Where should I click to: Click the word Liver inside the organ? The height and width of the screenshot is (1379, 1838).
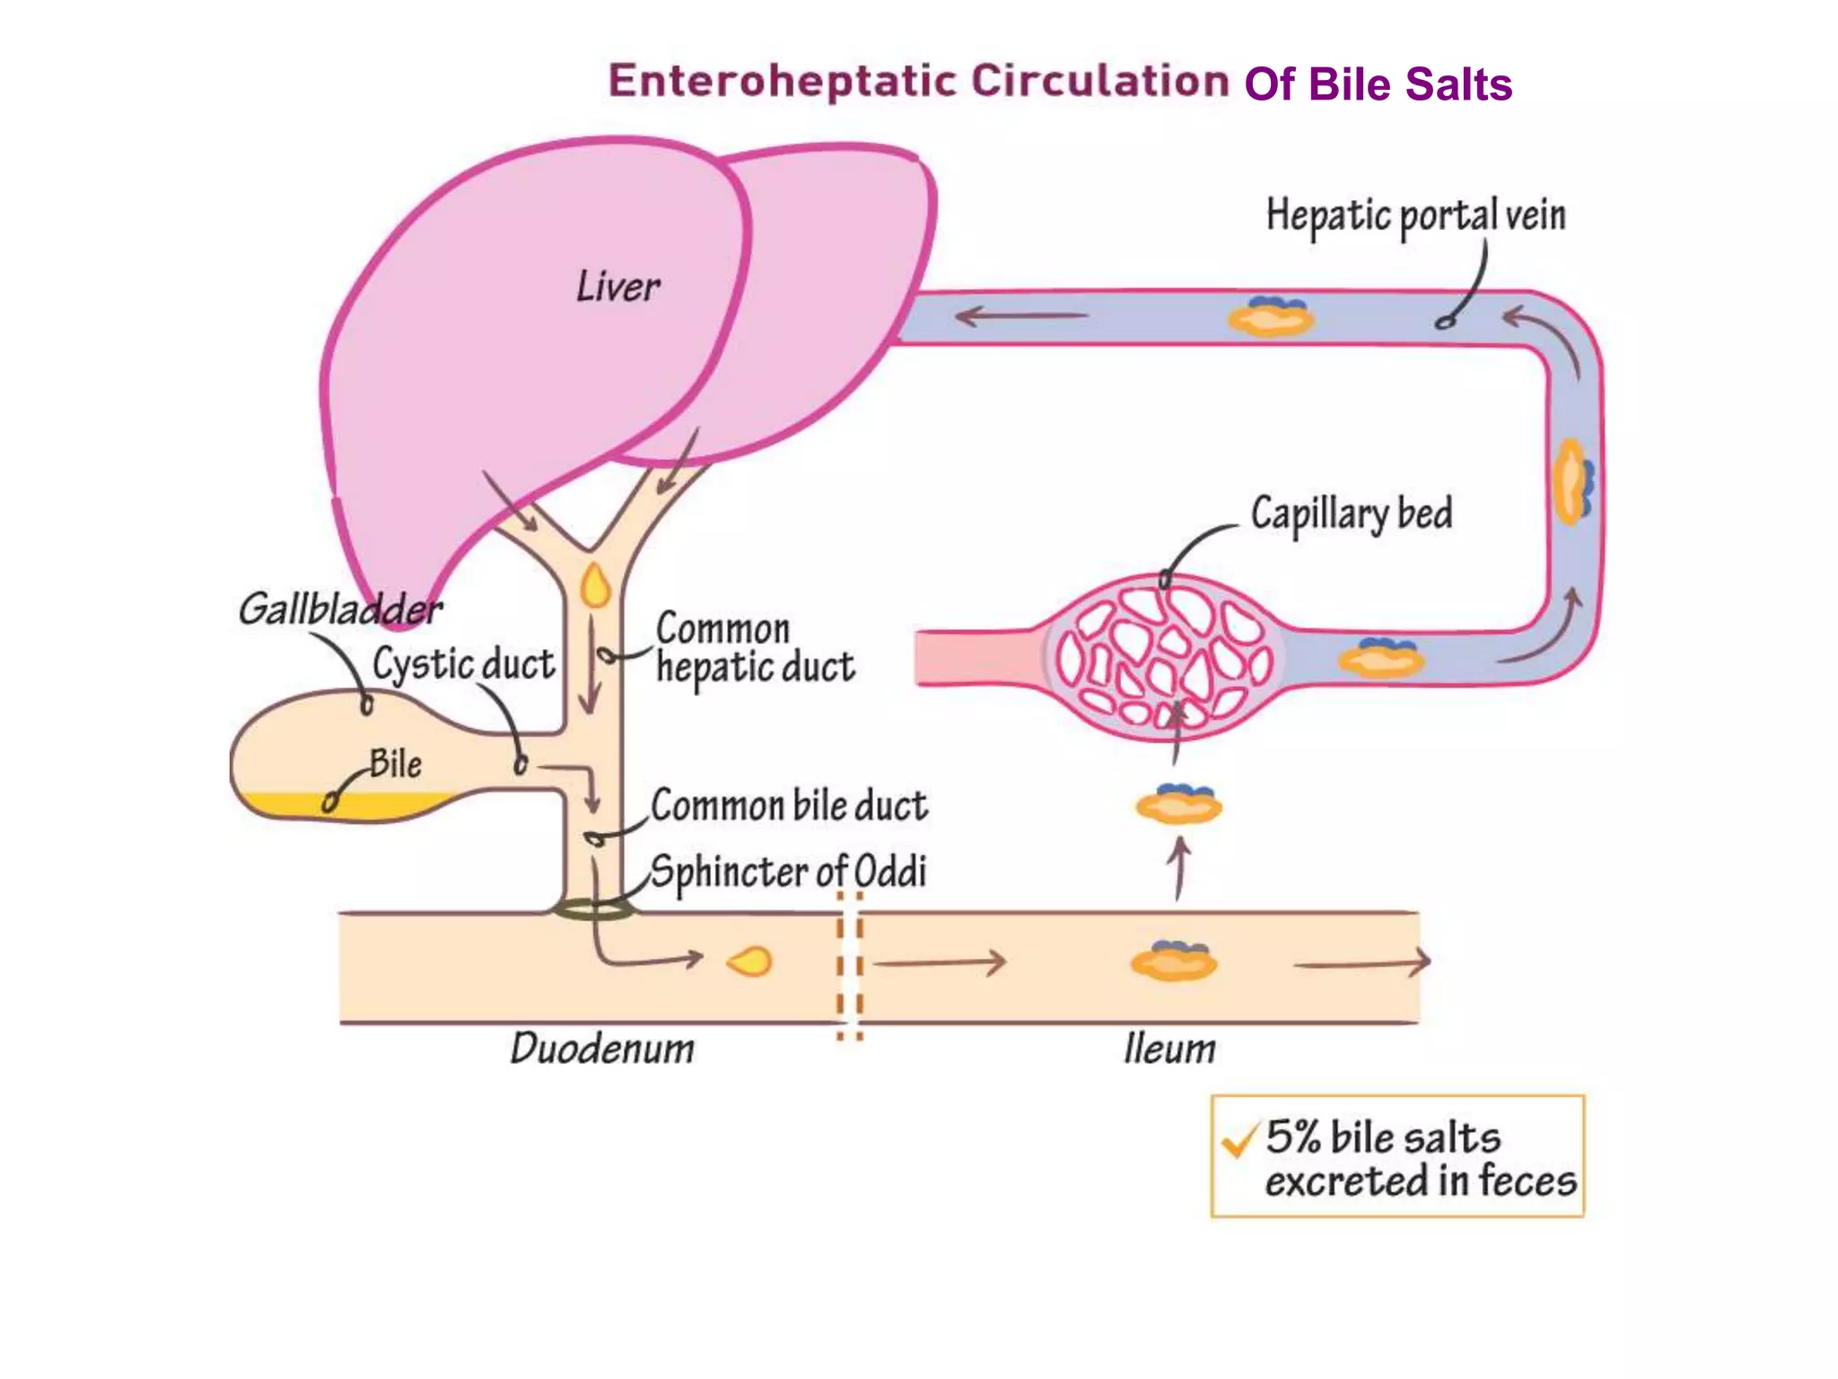(617, 287)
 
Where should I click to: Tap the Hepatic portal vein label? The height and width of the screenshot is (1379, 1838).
(1415, 216)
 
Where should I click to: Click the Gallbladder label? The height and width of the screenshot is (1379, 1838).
(339, 610)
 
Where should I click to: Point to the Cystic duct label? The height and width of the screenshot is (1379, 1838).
(463, 665)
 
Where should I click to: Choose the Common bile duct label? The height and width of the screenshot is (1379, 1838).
(789, 805)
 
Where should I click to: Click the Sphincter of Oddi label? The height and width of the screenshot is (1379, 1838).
(788, 872)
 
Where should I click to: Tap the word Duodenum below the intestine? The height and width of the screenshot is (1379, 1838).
(602, 1049)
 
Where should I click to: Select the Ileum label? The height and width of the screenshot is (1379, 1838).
(1169, 1049)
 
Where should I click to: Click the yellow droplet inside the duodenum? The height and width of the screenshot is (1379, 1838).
(750, 962)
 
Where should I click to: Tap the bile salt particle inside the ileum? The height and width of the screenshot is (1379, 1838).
(1173, 962)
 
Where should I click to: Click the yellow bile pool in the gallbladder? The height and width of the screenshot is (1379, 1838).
(359, 805)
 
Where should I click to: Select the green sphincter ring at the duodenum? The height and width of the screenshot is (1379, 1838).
(593, 910)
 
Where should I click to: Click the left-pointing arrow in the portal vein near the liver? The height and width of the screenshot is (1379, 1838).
(1020, 316)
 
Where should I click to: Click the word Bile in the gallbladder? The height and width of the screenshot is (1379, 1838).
(396, 764)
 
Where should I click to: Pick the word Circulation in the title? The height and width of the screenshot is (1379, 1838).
(1099, 81)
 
